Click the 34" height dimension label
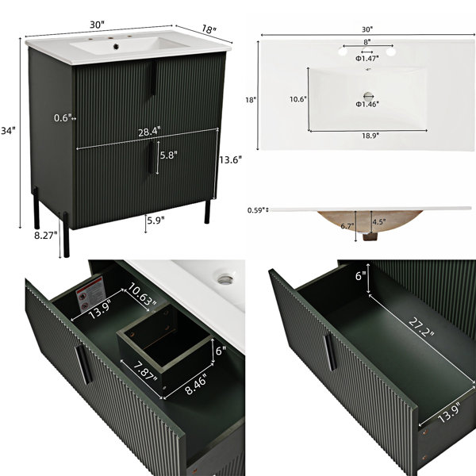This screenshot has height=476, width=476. click(8, 131)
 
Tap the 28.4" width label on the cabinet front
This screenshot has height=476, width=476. click(149, 132)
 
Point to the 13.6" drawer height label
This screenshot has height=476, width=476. click(230, 159)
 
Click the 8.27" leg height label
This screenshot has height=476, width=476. click(45, 236)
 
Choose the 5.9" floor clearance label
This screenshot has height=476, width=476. click(155, 220)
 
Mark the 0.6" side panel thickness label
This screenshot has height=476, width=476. click(63, 117)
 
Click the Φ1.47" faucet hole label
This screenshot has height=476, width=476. click(367, 59)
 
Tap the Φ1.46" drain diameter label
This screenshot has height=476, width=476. click(367, 104)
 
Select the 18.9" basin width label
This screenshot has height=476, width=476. click(370, 136)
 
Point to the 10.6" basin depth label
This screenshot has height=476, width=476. click(298, 99)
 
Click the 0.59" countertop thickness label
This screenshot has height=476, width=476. click(256, 210)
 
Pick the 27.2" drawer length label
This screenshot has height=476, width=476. click(421, 327)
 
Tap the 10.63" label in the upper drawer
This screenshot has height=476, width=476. click(142, 294)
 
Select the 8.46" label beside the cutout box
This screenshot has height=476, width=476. click(196, 384)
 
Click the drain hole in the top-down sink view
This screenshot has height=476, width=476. click(368, 96)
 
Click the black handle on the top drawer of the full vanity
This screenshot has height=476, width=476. click(154, 78)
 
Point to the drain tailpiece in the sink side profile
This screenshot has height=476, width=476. click(370, 236)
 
